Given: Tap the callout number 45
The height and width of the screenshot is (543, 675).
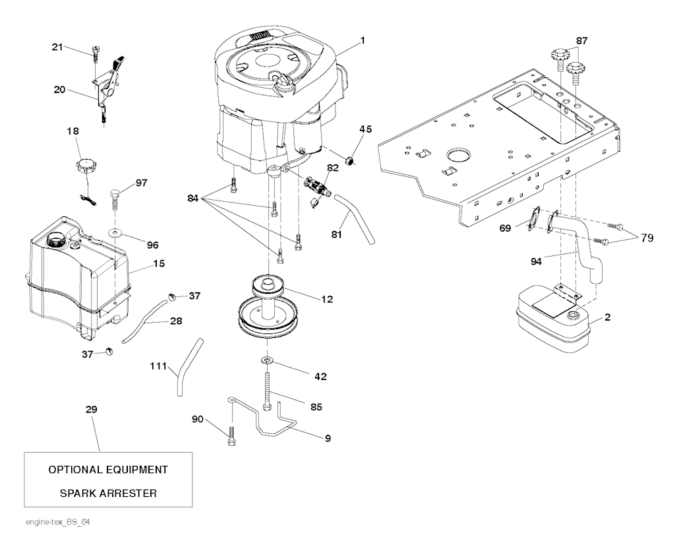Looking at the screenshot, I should pyautogui.click(x=366, y=129).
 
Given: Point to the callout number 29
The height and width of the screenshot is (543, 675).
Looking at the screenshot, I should pyautogui.click(x=92, y=410).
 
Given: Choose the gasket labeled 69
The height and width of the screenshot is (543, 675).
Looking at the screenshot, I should pyautogui.click(x=534, y=220).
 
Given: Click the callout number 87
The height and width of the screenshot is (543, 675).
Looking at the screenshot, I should pyautogui.click(x=581, y=40).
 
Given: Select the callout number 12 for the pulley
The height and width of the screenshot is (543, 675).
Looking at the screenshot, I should pyautogui.click(x=328, y=299).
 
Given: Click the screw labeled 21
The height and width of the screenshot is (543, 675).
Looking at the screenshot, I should pyautogui.click(x=96, y=51).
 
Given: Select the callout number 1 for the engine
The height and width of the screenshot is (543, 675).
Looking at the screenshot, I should pyautogui.click(x=363, y=40).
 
